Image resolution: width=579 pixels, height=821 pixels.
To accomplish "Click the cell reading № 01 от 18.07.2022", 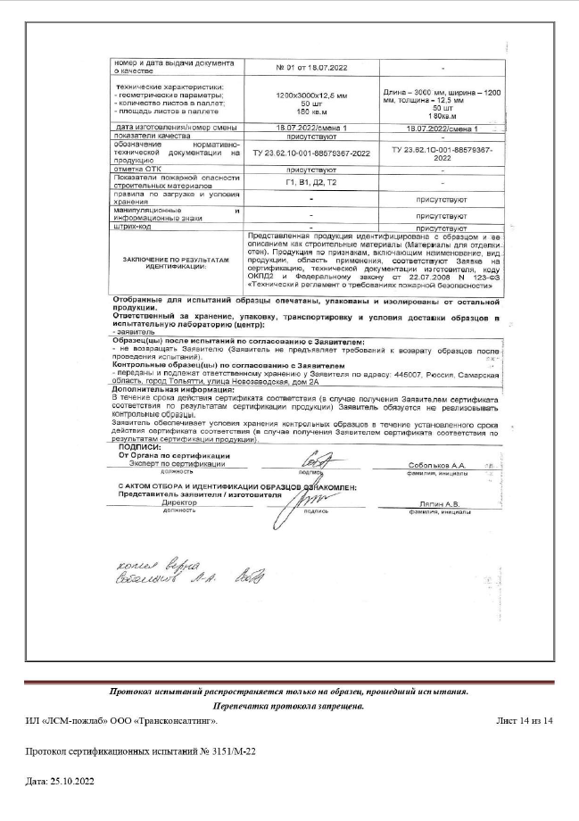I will click(x=311, y=68).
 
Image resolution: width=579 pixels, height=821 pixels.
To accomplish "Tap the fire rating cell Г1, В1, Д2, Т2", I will click(x=311, y=182).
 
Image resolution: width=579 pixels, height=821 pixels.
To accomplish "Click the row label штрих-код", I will click(x=123, y=228).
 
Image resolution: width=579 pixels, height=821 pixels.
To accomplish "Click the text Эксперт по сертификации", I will click(x=174, y=465).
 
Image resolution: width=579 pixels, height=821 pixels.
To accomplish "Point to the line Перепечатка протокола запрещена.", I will click(x=289, y=705).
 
